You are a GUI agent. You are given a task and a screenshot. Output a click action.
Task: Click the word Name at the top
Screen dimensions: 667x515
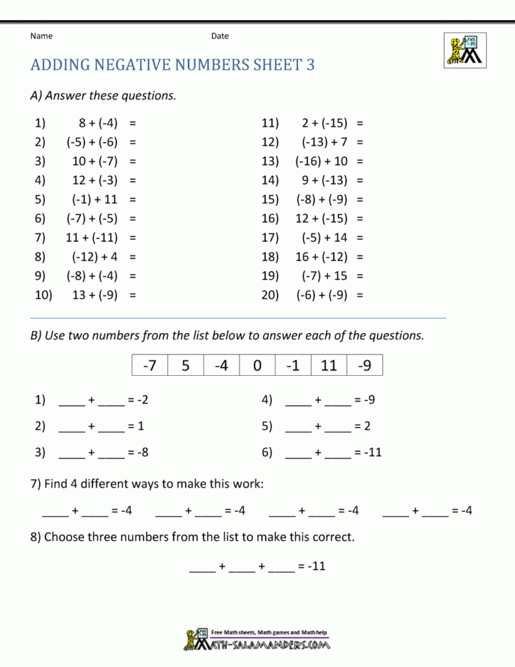[x=41, y=36]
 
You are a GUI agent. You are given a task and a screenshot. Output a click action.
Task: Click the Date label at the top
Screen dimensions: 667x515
[x=219, y=36]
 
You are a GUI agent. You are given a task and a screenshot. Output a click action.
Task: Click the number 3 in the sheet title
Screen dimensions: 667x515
[x=311, y=65]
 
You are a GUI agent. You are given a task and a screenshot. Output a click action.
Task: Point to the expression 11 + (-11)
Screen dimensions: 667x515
[x=92, y=238]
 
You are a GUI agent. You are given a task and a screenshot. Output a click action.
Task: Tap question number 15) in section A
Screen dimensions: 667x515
[x=270, y=199]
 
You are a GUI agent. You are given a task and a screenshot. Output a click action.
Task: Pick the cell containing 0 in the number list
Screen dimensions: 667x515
[x=257, y=365]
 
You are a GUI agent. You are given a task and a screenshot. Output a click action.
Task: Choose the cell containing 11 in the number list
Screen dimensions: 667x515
[x=329, y=365]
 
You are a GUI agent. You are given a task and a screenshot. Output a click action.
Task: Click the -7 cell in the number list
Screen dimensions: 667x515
[x=150, y=365]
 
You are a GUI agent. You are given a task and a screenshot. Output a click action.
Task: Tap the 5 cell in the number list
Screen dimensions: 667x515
[x=186, y=365]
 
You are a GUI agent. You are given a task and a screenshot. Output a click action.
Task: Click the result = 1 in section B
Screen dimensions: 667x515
[x=136, y=426]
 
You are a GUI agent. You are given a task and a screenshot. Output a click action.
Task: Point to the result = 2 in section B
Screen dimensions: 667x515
[x=363, y=426]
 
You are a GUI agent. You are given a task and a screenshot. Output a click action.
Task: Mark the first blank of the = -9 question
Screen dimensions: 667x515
[x=298, y=402]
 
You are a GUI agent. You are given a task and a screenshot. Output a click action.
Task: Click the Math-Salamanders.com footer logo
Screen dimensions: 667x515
[x=257, y=640]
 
